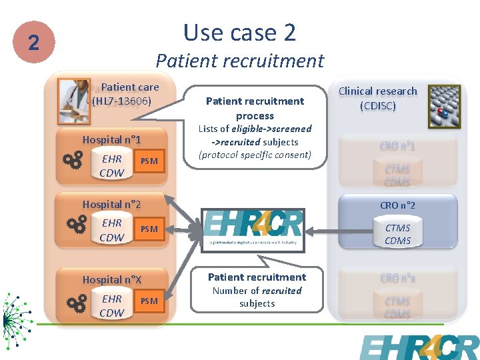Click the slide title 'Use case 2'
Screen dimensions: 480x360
click(239, 32)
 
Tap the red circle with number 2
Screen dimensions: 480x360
click(34, 44)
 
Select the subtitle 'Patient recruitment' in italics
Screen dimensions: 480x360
click(239, 61)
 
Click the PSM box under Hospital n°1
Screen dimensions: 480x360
click(149, 161)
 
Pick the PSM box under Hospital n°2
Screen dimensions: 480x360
click(149, 229)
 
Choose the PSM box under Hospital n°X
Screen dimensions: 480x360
click(149, 301)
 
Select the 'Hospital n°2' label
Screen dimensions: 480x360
click(111, 205)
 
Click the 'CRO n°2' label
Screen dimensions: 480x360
click(397, 205)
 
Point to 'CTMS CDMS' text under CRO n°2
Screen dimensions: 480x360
click(397, 234)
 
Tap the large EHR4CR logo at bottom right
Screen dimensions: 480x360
click(419, 346)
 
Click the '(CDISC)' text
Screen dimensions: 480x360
click(377, 105)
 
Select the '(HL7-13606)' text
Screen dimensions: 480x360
click(122, 101)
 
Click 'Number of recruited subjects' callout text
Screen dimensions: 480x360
click(257, 297)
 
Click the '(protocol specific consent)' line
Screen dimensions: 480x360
click(255, 155)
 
